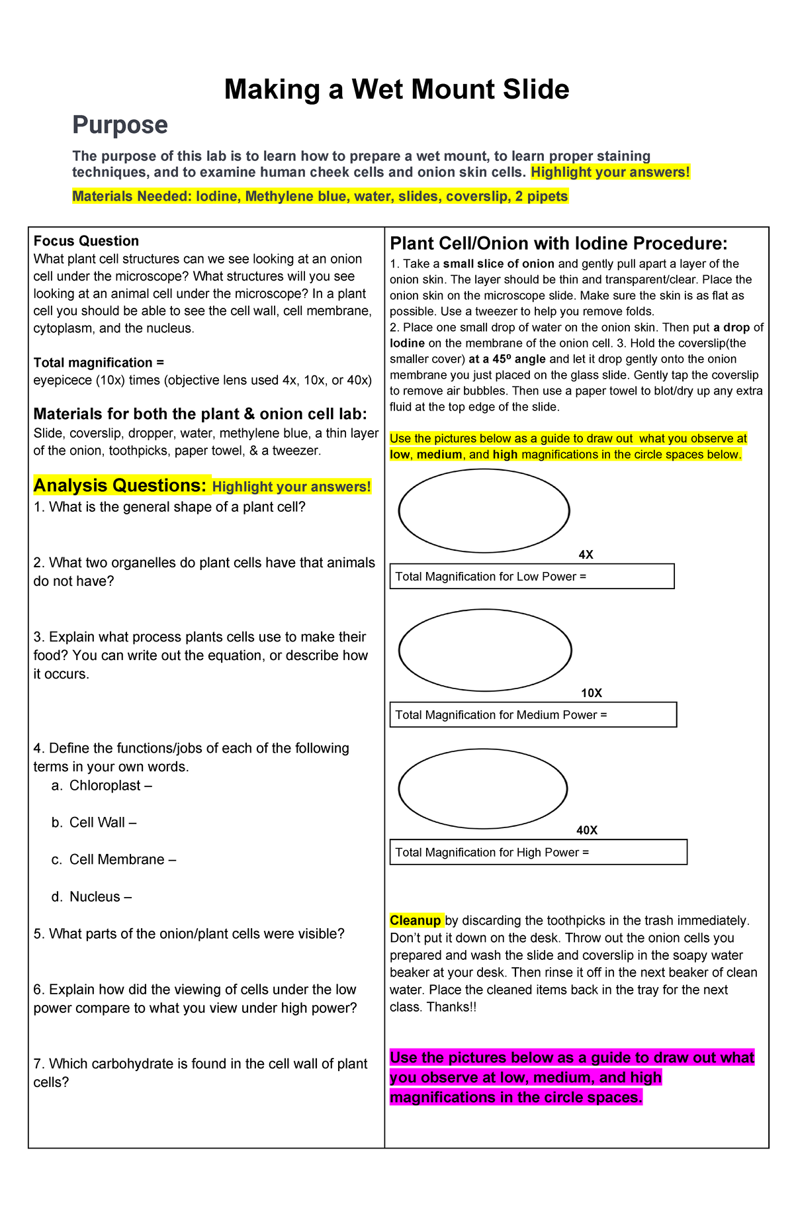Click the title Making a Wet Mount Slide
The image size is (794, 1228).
click(x=396, y=89)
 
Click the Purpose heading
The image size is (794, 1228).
click(x=120, y=125)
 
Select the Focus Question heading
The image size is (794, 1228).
click(x=86, y=241)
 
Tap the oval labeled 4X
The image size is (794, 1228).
click(x=484, y=510)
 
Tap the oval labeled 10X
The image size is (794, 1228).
click(x=484, y=650)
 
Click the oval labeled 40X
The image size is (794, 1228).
click(x=483, y=788)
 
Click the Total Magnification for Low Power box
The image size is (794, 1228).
click(x=531, y=577)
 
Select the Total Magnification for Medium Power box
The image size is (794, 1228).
click(x=533, y=715)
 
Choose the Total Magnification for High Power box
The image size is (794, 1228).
click(x=538, y=853)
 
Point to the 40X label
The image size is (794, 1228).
click(x=586, y=830)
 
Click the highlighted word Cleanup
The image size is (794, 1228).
click(x=416, y=921)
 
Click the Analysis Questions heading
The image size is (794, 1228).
click(x=120, y=486)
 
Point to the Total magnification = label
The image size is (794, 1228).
click(x=99, y=363)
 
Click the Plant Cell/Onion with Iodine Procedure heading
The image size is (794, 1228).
click(x=558, y=244)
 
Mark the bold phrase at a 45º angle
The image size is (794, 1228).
click(x=507, y=359)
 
